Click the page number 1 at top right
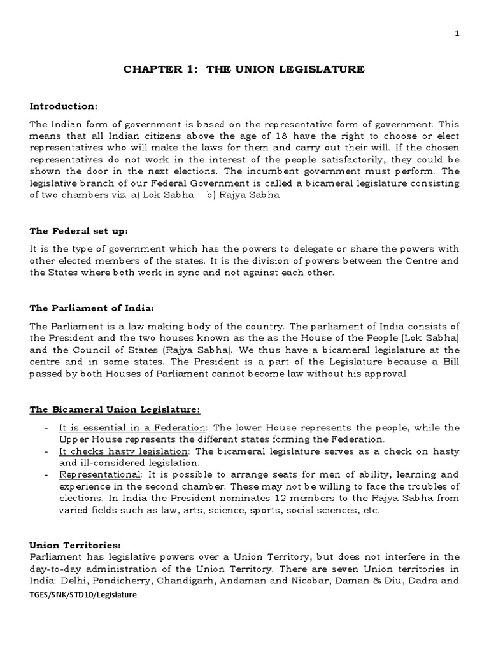(x=474, y=34)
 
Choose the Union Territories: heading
(x=69, y=545)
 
